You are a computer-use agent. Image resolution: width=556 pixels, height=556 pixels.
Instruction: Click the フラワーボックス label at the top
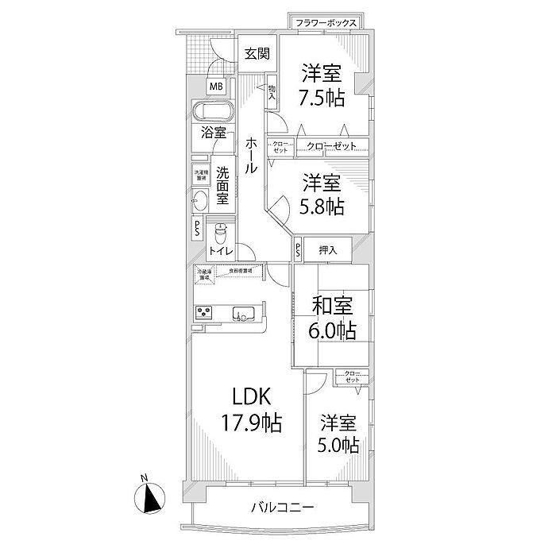pyautogui.click(x=325, y=23)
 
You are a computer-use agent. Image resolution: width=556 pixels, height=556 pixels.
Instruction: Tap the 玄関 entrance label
pyautogui.click(x=257, y=54)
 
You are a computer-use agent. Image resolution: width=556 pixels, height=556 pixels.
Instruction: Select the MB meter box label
pyautogui.click(x=216, y=87)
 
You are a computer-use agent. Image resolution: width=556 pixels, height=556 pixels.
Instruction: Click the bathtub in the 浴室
pyautogui.click(x=212, y=111)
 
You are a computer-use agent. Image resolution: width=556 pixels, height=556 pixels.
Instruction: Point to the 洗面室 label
pyautogui.click(x=223, y=185)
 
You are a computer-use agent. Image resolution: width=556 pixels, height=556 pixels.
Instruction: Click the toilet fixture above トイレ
pyautogui.click(x=220, y=234)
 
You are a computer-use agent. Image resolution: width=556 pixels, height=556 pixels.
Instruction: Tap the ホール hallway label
pyautogui.click(x=252, y=156)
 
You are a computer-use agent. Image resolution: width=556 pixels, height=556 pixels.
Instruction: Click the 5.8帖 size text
pyautogui.click(x=322, y=207)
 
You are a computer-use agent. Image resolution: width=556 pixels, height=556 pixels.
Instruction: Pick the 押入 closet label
pyautogui.click(x=329, y=250)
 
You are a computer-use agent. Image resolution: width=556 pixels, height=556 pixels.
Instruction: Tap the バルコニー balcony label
pyautogui.click(x=284, y=507)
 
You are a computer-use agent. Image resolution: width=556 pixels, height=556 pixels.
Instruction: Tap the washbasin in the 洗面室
pyautogui.click(x=199, y=201)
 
